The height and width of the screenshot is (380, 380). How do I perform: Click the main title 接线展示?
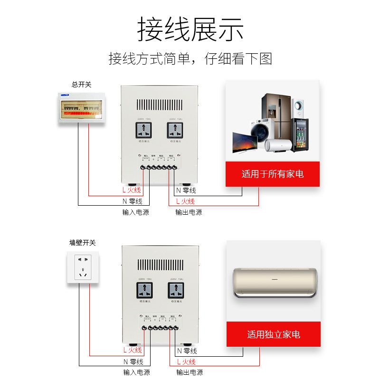click(190, 29)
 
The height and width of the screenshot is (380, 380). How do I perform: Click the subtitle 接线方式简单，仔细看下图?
click(190, 59)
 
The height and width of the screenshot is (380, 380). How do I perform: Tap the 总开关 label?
click(81, 85)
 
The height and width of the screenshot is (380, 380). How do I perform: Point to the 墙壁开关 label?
click(82, 243)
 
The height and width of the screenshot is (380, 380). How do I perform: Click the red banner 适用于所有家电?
click(272, 174)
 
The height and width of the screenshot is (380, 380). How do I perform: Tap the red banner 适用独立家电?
click(273, 334)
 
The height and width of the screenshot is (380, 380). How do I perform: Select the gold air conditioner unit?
click(275, 283)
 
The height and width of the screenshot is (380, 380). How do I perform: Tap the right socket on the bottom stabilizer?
click(175, 290)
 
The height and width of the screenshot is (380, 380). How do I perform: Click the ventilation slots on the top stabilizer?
click(159, 104)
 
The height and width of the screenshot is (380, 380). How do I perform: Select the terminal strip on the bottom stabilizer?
click(160, 328)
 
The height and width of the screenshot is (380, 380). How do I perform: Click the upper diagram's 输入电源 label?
click(135, 212)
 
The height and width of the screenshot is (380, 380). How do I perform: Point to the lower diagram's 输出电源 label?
click(189, 372)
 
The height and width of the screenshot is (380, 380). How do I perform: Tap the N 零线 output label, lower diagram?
click(187, 351)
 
